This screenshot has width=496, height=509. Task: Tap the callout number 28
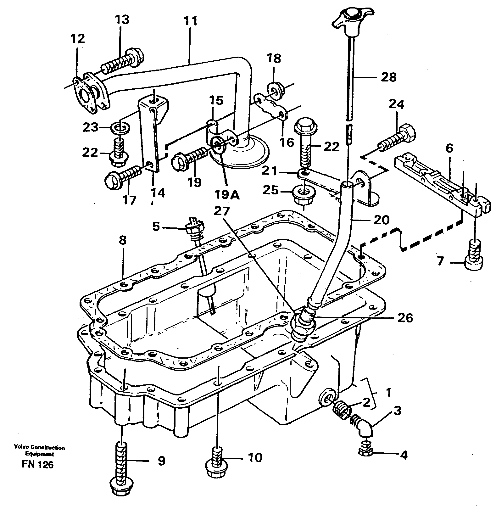coord(388,77)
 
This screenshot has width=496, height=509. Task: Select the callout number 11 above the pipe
coord(191,21)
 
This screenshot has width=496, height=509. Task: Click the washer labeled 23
coord(120,128)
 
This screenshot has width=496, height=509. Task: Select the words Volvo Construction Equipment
coord(39,450)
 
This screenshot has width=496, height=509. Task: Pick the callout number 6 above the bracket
coord(449,148)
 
